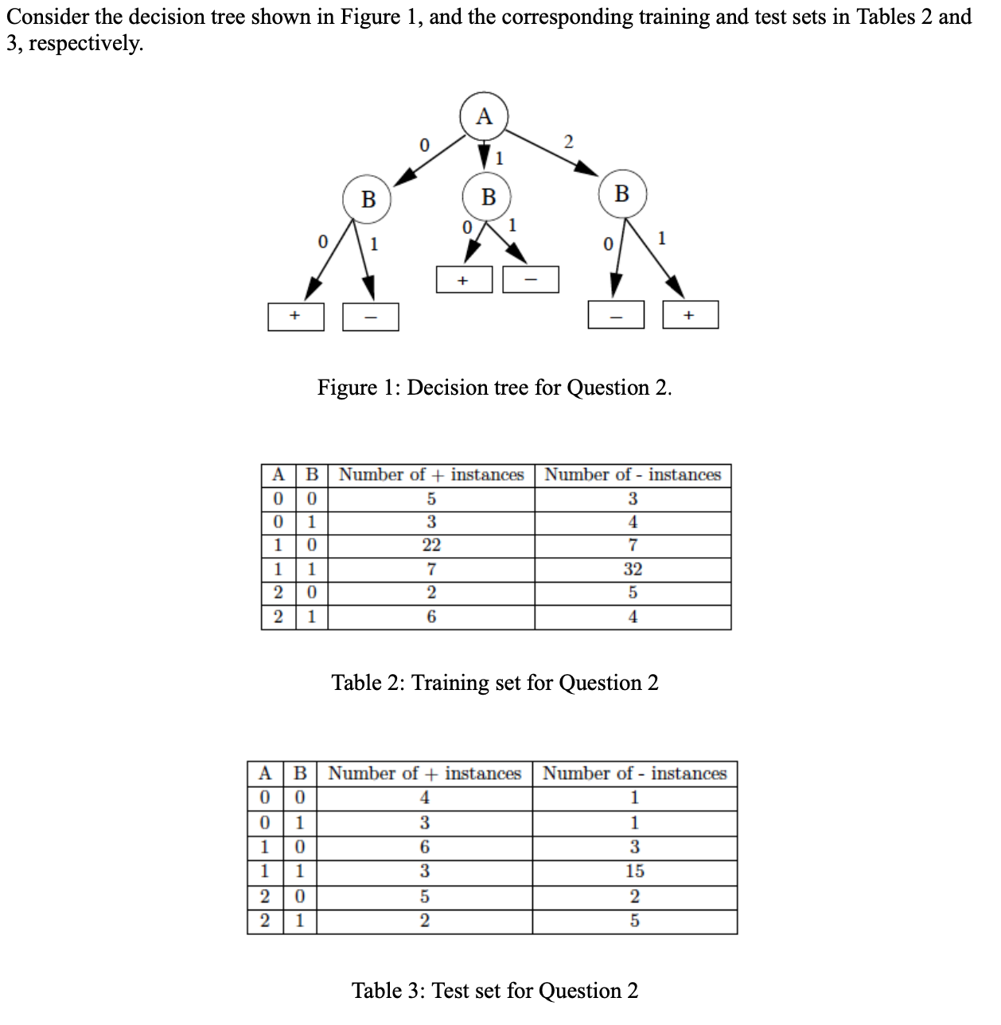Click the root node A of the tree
tap(484, 116)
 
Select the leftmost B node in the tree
tap(368, 198)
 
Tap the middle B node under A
tap(488, 196)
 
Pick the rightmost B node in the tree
tap(622, 193)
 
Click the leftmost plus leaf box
tap(295, 316)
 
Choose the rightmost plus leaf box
tap(690, 315)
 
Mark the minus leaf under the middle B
tap(530, 280)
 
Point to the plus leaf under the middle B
tap(464, 280)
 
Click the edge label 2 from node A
tap(567, 142)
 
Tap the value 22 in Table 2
tap(431, 545)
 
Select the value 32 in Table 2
tap(633, 569)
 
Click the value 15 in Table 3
tap(634, 871)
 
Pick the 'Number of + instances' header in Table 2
tap(431, 475)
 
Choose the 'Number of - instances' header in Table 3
tap(634, 774)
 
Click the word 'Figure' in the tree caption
tap(347, 388)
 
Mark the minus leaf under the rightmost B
tap(615, 315)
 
